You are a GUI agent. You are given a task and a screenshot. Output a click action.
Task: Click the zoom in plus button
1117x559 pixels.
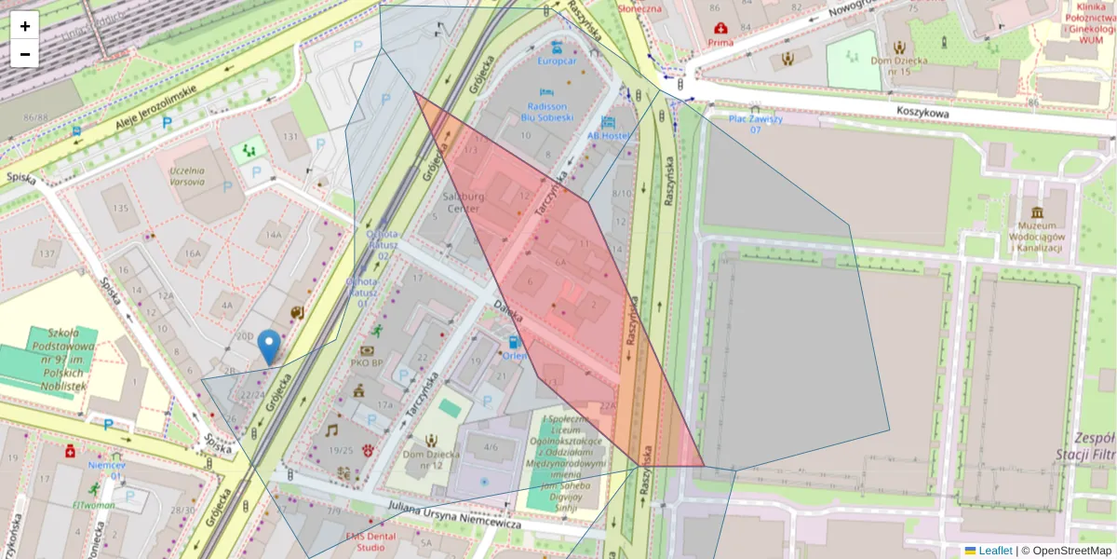[x=25, y=26]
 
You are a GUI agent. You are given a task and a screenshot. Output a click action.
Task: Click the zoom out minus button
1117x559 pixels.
[x=25, y=54]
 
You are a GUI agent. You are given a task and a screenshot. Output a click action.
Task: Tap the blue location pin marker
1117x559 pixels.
[x=269, y=347]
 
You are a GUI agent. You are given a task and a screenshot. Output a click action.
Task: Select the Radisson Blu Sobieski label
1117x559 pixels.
[x=546, y=112]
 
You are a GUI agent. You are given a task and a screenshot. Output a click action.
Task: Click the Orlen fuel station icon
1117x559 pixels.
[x=515, y=343]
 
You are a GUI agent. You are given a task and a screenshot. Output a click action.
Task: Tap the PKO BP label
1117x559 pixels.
[x=367, y=362]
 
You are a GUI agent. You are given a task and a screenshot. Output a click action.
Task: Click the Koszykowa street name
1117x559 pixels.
[x=922, y=111]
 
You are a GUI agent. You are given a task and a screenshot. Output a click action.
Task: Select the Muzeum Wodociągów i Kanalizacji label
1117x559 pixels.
[x=1038, y=236]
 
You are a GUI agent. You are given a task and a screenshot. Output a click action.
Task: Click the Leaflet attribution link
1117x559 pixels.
[x=994, y=551]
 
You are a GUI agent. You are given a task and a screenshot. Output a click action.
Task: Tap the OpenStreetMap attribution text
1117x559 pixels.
[x=1066, y=551]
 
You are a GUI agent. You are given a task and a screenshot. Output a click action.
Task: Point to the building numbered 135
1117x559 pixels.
[x=118, y=209]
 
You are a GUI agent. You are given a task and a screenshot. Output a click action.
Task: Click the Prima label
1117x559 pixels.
[x=720, y=42]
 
